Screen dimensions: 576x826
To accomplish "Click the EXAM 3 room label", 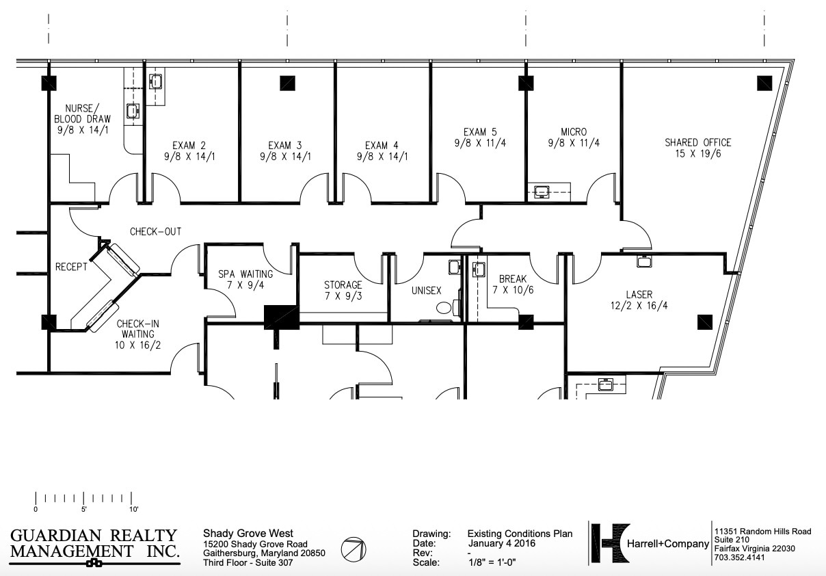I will [x=284, y=145].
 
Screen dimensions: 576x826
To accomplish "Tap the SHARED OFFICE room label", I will [x=697, y=142].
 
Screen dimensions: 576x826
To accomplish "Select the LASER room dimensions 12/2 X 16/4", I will [x=639, y=306].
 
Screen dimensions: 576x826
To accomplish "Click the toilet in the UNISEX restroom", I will [x=444, y=309].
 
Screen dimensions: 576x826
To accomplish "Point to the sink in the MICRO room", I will [x=543, y=191].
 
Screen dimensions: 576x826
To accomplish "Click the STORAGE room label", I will [x=343, y=285].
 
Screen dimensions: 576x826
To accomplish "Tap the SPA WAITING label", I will [x=245, y=274].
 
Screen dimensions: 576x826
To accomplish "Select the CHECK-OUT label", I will [x=156, y=231].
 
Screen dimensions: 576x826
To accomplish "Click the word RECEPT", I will [x=71, y=267].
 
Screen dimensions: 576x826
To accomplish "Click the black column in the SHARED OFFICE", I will [x=764, y=83].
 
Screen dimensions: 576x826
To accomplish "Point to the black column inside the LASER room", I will [x=705, y=322].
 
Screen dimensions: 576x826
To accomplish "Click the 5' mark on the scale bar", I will [x=84, y=508].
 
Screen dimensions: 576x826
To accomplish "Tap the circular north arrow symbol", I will [x=354, y=548].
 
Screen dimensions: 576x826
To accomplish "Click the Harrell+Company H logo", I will [x=609, y=544].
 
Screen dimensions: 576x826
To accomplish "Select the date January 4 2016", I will [x=501, y=544].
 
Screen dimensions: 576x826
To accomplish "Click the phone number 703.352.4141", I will [x=739, y=558].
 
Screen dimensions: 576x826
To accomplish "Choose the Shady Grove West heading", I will [x=248, y=534].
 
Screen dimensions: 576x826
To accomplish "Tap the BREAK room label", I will [x=513, y=279].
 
